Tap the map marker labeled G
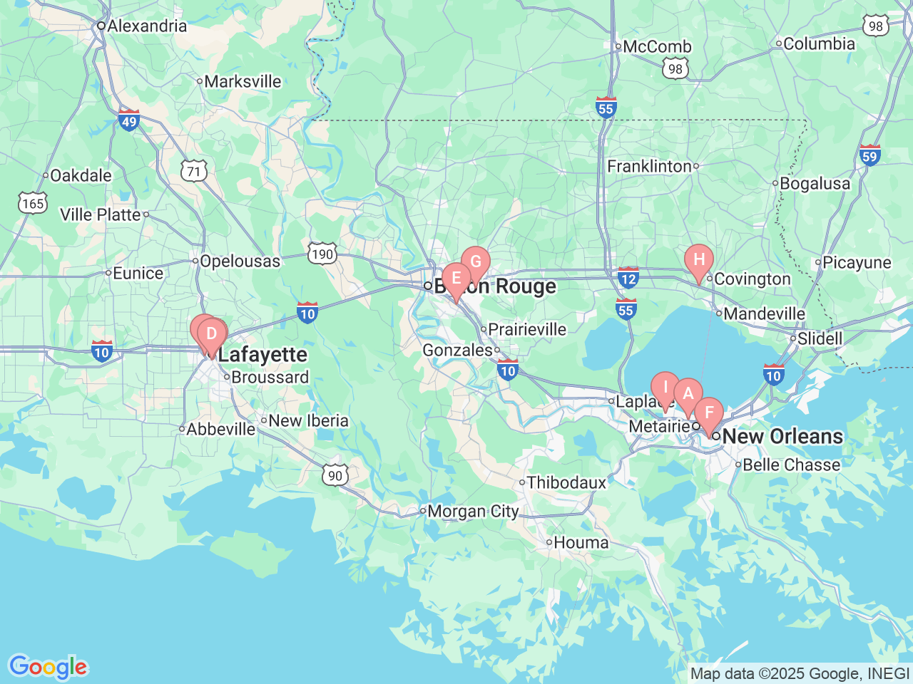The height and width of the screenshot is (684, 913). point(475,262)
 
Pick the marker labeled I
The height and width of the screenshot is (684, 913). point(665,388)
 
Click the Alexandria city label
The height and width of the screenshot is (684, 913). point(147,26)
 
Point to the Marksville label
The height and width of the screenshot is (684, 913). point(243,81)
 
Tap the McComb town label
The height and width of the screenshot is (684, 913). point(657,47)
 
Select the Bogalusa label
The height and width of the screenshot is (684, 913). point(815,183)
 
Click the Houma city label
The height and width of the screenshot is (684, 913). point(581,542)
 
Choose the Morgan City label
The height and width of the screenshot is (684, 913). point(473,511)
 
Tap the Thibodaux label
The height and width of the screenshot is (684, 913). point(566,482)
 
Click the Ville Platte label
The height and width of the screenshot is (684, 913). point(101,214)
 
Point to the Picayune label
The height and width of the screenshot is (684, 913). point(857,262)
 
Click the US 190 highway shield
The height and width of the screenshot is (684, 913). point(322,254)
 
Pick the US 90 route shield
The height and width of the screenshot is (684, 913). point(335,475)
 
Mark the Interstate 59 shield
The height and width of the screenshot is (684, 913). point(869,155)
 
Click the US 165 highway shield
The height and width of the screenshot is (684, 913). point(33,204)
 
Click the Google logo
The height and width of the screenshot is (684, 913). point(48,667)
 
